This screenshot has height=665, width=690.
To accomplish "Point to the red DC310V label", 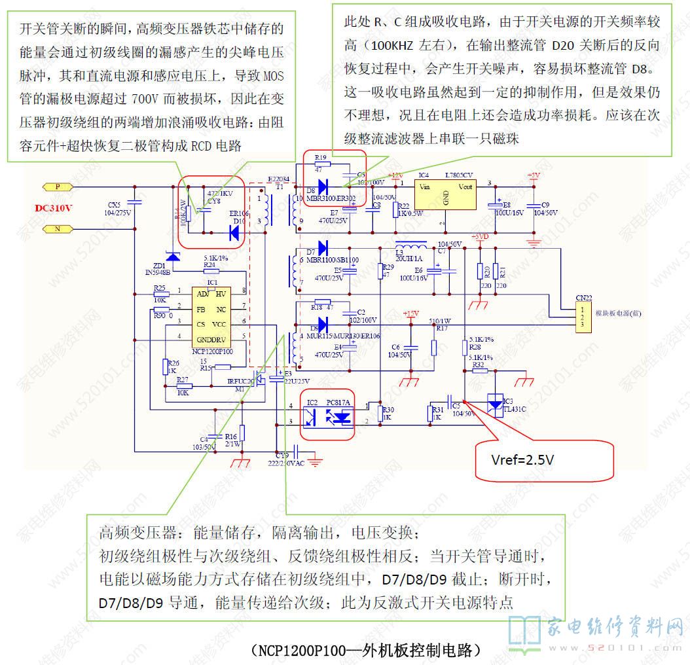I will (x=54, y=208).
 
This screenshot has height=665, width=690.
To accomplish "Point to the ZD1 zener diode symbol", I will (x=173, y=255).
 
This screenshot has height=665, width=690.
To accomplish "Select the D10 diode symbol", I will (x=234, y=231).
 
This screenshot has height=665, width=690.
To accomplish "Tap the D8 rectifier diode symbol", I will (x=323, y=184).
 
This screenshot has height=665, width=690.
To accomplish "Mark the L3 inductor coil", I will (x=411, y=249).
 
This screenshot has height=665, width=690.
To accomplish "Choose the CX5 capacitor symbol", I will (x=134, y=202).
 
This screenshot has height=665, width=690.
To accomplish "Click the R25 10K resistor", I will (x=160, y=295).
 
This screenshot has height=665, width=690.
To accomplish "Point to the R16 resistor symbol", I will (x=242, y=433).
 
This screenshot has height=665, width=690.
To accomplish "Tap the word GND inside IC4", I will (x=445, y=197).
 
